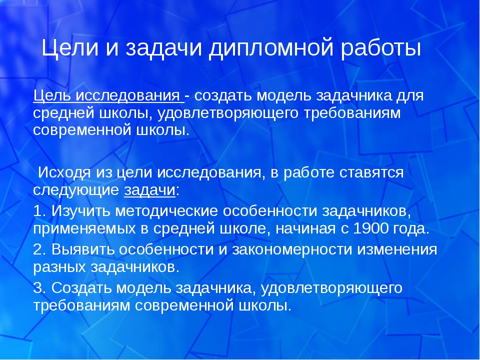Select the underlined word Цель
click(52, 96)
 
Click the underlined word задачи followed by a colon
click(149, 190)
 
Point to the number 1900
click(370, 228)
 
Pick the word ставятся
click(371, 173)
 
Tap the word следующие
click(76, 190)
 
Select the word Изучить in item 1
click(81, 211)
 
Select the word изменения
click(397, 249)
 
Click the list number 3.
click(39, 288)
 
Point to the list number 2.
click(39, 249)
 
